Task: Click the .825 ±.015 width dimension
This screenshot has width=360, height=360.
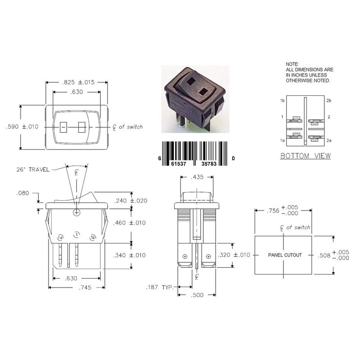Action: point(78,82)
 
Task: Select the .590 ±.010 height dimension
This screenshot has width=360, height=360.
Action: point(22,126)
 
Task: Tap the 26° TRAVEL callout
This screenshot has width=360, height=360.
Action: point(33,170)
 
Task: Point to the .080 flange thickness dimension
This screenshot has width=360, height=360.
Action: point(23,193)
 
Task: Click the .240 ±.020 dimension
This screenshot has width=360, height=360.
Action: point(130,201)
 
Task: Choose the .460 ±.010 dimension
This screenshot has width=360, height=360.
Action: point(129,223)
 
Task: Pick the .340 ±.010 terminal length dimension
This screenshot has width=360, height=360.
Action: point(129,255)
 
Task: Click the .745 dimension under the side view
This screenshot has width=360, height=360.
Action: point(85,288)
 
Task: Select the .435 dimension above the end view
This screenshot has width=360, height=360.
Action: point(197,177)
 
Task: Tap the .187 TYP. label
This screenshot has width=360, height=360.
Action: point(160,287)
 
